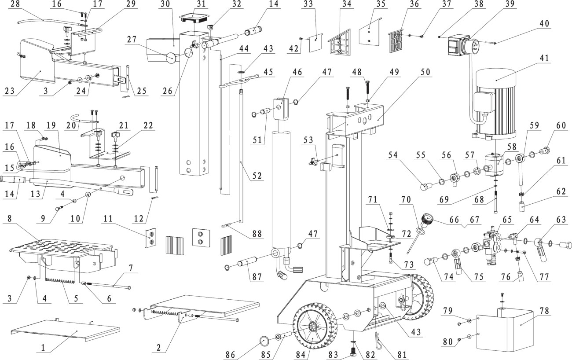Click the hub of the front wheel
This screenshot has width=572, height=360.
(313, 327)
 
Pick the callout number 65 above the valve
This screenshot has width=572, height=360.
(507, 218)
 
